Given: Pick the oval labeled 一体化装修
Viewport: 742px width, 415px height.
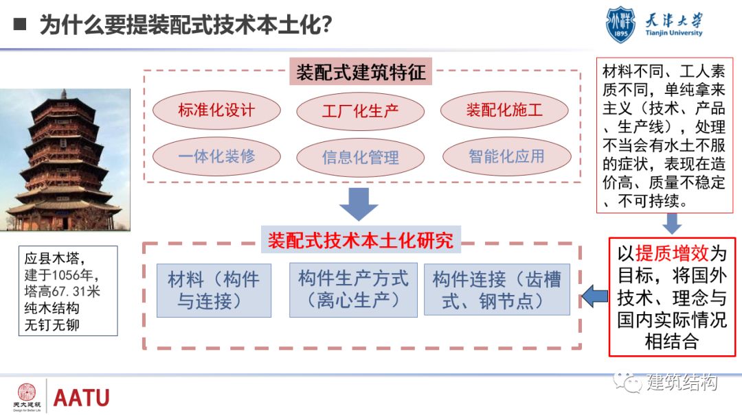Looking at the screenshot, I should [x=216, y=156].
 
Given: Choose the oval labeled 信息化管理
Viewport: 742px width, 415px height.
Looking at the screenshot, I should [x=360, y=157].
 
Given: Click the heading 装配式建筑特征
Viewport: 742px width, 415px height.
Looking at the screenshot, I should [x=361, y=72].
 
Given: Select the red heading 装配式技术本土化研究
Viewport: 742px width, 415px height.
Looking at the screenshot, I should [x=361, y=241].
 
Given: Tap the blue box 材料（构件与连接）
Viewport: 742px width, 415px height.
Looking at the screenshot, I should [x=214, y=290].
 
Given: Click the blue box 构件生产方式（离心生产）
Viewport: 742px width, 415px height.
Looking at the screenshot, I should [x=353, y=289].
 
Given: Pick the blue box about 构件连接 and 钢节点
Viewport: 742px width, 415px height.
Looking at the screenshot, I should [x=497, y=289].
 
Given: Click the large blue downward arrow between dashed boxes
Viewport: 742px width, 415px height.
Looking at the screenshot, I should [x=359, y=203].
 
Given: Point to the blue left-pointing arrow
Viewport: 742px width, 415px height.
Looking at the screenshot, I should [x=594, y=297].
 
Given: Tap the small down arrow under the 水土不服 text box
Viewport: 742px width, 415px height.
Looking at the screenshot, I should [x=672, y=224].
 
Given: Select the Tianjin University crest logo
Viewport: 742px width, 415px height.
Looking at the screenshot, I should [x=620, y=25].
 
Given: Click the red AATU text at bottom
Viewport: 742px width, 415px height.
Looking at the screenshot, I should [x=81, y=397].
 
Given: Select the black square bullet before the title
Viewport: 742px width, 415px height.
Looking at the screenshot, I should [x=21, y=25].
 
